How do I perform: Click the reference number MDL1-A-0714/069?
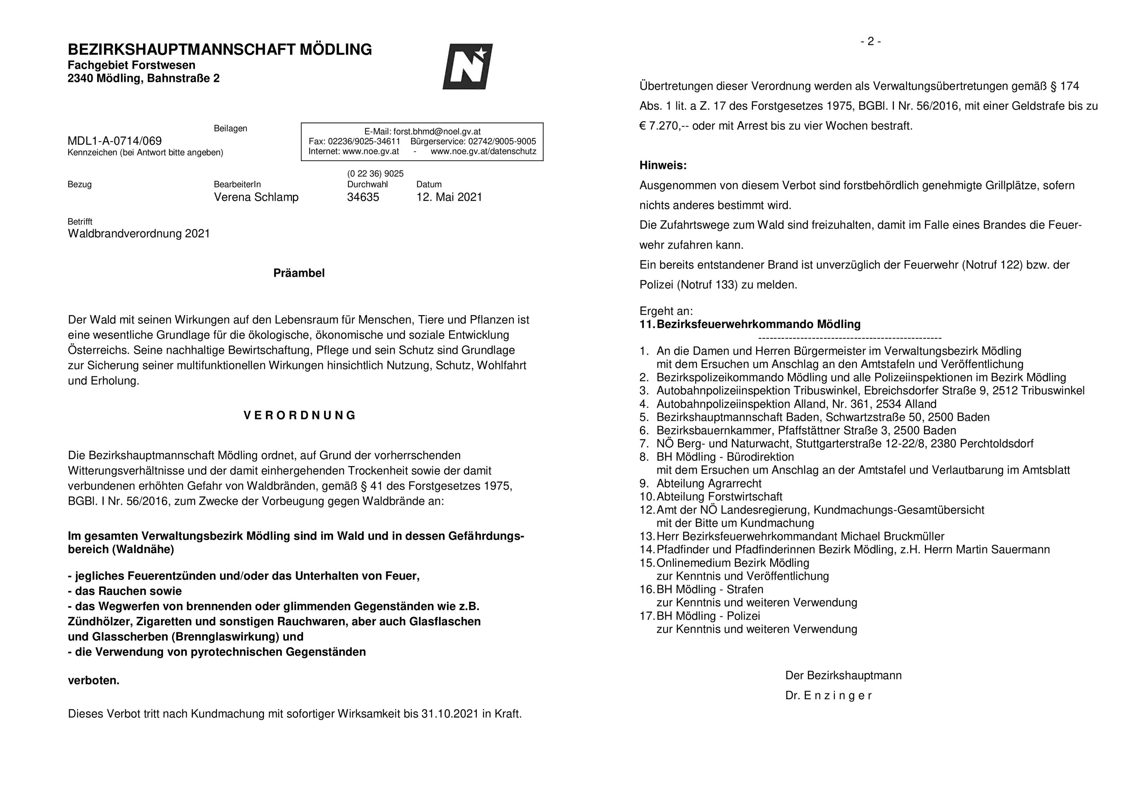tap(114, 141)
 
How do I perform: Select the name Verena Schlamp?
tap(256, 197)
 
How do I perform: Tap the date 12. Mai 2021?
tap(449, 197)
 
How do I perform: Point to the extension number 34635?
tap(363, 197)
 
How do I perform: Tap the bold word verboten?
tap(94, 681)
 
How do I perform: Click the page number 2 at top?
tap(870, 41)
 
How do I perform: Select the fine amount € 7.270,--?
tap(664, 126)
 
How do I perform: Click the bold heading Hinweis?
tap(663, 165)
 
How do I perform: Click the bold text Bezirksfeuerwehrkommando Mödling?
tap(758, 324)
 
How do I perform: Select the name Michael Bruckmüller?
tap(892, 537)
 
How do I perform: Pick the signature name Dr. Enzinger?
tap(828, 696)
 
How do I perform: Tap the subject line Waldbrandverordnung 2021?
tap(139, 234)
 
